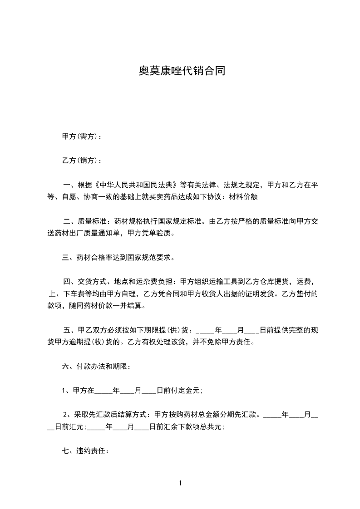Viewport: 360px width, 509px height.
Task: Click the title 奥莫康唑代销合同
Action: pos(182,71)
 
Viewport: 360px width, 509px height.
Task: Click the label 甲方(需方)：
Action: pos(82,137)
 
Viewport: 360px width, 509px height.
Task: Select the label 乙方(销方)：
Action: pos(82,161)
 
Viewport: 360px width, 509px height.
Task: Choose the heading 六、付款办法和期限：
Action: pos(96,366)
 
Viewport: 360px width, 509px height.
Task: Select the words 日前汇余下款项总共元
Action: pos(186,426)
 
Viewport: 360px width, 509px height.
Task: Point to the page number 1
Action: pos(180,483)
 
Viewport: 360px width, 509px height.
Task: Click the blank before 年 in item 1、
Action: pos(103,391)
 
